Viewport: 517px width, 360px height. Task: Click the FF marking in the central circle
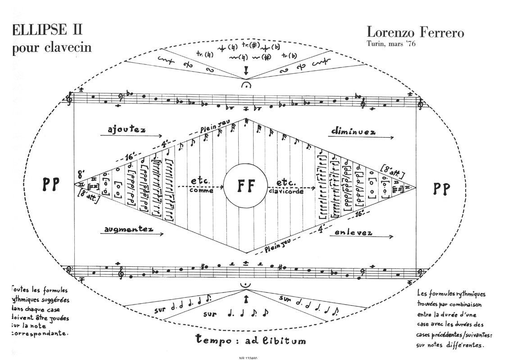pos(245,185)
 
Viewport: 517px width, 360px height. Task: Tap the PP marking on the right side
pos(442,189)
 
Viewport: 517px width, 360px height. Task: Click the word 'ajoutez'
pos(126,130)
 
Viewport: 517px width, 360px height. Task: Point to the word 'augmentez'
pos(128,229)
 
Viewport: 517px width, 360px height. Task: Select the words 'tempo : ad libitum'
pos(251,340)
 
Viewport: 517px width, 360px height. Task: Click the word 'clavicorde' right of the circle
pos(287,191)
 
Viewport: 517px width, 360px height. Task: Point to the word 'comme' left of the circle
pos(200,191)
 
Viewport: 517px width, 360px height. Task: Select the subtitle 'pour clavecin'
pos(51,48)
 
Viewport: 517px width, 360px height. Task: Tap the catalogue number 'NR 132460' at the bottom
pos(249,358)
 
